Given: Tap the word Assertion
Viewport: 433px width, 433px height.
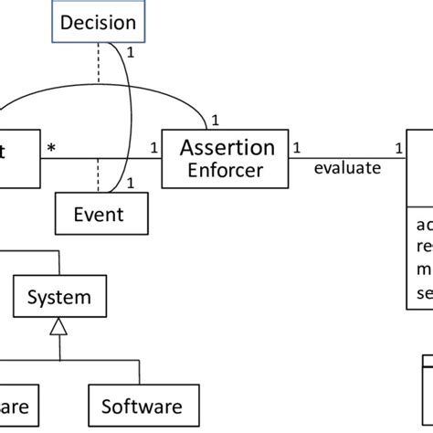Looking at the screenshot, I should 227,148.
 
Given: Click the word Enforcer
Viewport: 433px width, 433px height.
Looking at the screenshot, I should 227,170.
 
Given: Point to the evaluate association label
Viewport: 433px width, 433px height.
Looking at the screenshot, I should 346,168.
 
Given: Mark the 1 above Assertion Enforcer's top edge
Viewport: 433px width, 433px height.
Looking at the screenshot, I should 216,120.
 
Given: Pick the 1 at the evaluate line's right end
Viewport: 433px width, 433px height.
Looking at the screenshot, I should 398,148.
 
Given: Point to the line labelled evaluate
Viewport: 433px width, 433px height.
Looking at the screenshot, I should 347,158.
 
